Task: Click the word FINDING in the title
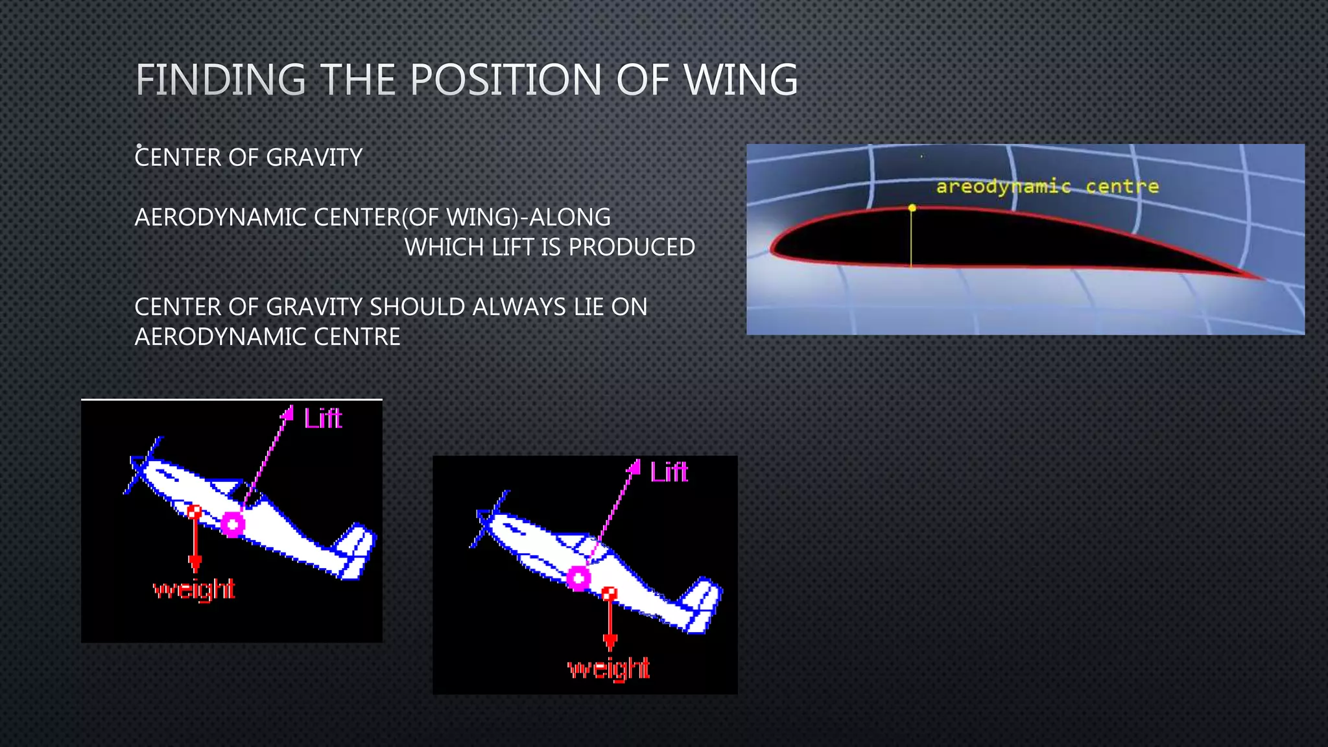(x=220, y=80)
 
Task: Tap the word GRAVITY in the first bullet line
(x=314, y=158)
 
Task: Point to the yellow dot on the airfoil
(x=912, y=208)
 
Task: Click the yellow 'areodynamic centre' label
(x=1047, y=187)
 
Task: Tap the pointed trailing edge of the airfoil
(x=1258, y=277)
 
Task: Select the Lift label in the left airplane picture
(x=323, y=419)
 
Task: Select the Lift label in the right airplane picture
(x=669, y=472)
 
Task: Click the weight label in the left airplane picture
(x=194, y=589)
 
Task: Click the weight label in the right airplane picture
(x=608, y=668)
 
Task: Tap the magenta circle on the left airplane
(x=233, y=524)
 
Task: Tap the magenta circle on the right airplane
(x=578, y=578)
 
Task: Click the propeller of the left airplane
(x=143, y=466)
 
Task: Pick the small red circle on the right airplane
(x=609, y=593)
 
